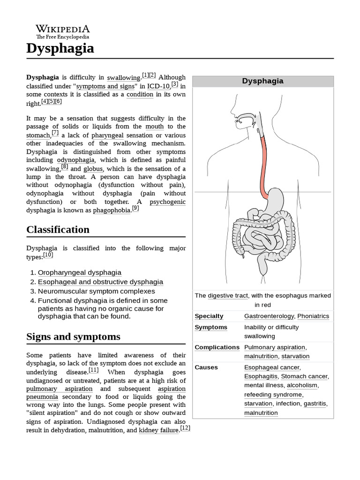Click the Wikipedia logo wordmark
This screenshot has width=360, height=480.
(x=63, y=29)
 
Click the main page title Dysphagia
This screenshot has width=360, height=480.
(x=60, y=48)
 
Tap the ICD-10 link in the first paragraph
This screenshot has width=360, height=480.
(x=158, y=86)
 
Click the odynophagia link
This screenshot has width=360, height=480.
(x=75, y=160)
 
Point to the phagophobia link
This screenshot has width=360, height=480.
(x=112, y=210)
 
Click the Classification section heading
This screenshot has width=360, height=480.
(x=58, y=230)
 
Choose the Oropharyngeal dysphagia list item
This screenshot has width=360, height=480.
(x=79, y=272)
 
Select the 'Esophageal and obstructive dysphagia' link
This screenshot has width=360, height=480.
(x=100, y=282)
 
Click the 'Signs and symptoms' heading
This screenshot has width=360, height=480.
(x=73, y=337)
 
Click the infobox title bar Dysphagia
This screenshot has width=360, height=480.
(x=262, y=81)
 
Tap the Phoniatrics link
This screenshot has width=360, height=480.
(x=313, y=316)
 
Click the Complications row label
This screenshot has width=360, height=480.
(x=217, y=347)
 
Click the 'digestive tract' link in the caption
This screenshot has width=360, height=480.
(x=228, y=296)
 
